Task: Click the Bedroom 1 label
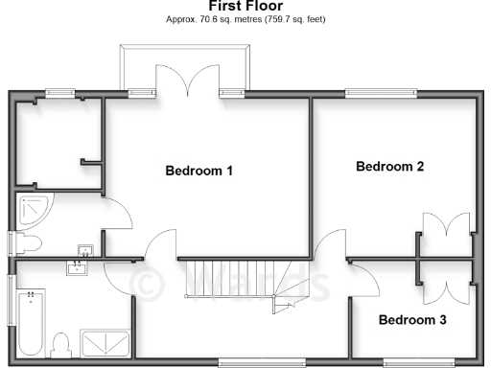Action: click(x=199, y=172)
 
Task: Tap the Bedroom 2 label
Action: click(x=389, y=167)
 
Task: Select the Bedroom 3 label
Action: click(x=411, y=319)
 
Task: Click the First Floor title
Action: click(x=245, y=7)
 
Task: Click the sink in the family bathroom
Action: click(x=77, y=267)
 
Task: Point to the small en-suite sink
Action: click(x=85, y=250)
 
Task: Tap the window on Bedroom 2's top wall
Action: click(x=381, y=93)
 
